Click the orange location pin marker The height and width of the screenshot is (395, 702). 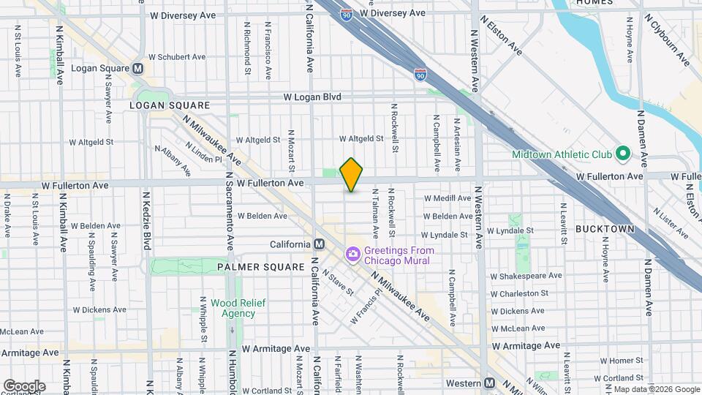[x=352, y=175]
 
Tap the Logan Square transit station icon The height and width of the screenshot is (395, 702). [x=137, y=69]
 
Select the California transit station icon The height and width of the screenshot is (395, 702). [x=319, y=244]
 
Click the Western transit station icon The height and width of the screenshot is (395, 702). [x=490, y=383]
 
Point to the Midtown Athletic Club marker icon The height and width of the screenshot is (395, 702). [x=622, y=154]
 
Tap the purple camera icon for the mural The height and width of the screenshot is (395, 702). [x=353, y=255]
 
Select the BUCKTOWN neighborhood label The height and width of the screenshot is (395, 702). [x=604, y=229]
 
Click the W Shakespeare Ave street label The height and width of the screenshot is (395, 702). [x=525, y=276]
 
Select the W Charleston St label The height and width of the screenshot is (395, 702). [x=523, y=294]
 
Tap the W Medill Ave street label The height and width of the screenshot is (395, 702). [x=448, y=198]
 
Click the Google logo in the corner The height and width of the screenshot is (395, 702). [x=24, y=386]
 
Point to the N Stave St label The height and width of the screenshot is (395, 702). [x=340, y=282]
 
